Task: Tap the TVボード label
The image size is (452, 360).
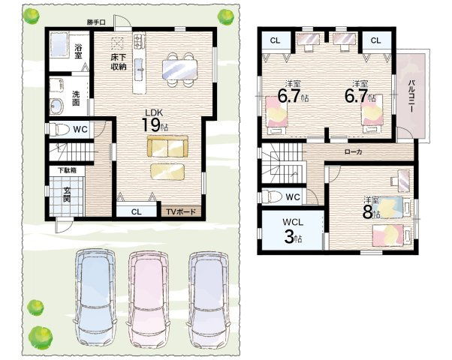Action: [181, 212]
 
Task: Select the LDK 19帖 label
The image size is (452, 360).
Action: [154, 121]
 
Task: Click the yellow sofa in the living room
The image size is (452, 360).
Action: [167, 146]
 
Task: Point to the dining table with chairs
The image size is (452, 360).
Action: [180, 70]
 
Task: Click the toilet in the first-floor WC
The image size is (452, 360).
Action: [59, 130]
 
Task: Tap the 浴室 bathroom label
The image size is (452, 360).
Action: [78, 51]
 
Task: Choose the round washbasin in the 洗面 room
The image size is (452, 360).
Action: [56, 106]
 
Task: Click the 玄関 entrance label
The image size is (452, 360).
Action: [67, 194]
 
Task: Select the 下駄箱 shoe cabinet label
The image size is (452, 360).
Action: [68, 170]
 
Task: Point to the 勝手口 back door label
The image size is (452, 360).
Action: [96, 22]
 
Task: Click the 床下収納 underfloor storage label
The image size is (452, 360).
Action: [119, 62]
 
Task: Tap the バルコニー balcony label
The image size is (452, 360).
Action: [411, 96]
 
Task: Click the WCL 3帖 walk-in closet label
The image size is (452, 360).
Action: [293, 231]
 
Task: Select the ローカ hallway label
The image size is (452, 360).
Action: [354, 151]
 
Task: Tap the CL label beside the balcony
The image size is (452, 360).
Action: [375, 40]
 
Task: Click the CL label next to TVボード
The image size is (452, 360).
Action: [137, 212]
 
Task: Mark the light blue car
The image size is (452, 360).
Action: [95, 298]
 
